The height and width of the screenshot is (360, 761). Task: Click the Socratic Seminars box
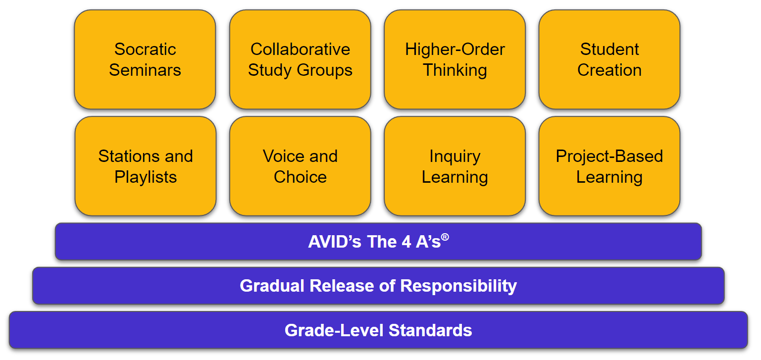(x=145, y=59)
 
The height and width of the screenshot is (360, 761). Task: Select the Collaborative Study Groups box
(x=300, y=59)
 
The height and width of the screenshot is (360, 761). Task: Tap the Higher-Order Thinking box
(x=455, y=59)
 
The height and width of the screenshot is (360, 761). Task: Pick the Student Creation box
(x=609, y=59)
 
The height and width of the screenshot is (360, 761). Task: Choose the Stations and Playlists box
(x=145, y=166)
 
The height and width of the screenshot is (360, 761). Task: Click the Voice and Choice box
(x=300, y=166)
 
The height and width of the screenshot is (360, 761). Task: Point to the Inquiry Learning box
(x=455, y=166)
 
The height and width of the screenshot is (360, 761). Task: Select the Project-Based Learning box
(x=609, y=166)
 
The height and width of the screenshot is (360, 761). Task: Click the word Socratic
(x=145, y=49)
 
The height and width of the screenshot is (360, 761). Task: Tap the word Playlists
(x=146, y=177)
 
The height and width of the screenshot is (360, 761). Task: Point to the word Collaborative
(x=300, y=49)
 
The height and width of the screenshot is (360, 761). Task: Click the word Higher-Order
(x=455, y=49)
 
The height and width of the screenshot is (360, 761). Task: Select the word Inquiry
(x=455, y=156)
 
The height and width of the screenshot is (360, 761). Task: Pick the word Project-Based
(x=609, y=156)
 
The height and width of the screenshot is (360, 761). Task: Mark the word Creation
(x=609, y=70)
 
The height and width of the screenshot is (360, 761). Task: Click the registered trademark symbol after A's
(x=445, y=237)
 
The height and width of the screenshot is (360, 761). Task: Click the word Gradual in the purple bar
(x=272, y=286)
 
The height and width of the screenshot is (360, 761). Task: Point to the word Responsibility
(x=458, y=286)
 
